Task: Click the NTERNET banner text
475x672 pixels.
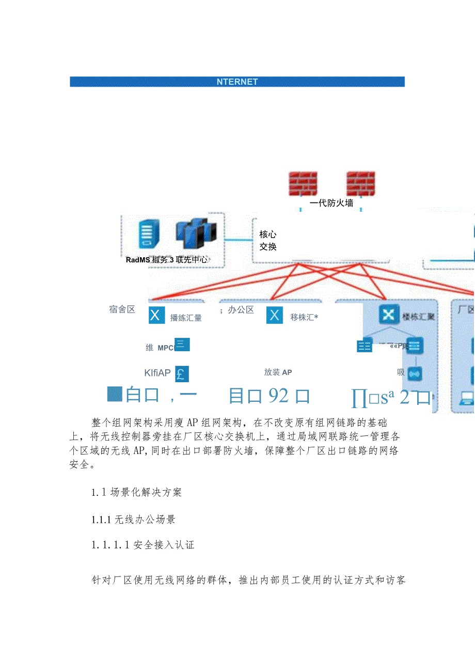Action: [237, 82]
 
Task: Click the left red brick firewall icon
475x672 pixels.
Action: [303, 184]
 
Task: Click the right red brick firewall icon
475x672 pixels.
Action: [360, 184]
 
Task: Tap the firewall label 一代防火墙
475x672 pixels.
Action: [331, 203]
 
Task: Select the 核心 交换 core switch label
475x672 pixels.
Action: [268, 241]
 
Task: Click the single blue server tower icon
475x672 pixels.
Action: [148, 235]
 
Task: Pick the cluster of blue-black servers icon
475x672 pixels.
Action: [195, 236]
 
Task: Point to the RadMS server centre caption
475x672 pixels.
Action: [166, 260]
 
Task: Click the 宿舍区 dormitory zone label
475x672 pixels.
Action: [122, 309]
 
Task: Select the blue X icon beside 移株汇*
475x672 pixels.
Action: [275, 315]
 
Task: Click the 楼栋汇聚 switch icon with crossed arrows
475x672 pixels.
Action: [387, 315]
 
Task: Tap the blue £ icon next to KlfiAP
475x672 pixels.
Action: [182, 373]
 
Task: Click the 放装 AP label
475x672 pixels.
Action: [278, 372]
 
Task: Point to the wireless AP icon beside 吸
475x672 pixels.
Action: [415, 373]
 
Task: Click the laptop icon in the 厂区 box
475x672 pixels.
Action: [467, 398]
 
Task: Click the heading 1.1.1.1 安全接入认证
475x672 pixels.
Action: [142, 544]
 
